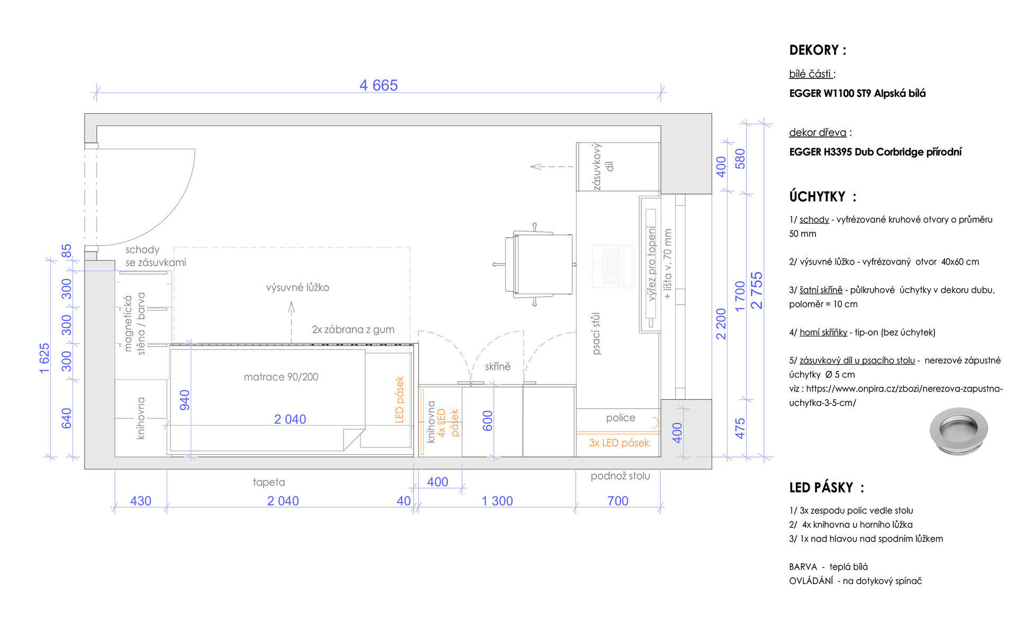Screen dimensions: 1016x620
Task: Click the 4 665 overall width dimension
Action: tap(378, 85)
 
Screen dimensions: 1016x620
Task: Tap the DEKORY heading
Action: tap(818, 50)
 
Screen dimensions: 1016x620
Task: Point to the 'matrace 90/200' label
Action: tap(281, 377)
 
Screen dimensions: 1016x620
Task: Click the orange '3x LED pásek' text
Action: tap(619, 443)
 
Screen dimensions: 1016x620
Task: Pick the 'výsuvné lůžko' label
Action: tap(297, 287)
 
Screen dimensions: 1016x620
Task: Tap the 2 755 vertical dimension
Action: tap(757, 290)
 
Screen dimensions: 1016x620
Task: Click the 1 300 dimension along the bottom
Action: tap(497, 501)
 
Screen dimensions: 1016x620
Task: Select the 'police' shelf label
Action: tap(620, 417)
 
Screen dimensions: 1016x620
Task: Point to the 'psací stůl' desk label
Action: tap(596, 333)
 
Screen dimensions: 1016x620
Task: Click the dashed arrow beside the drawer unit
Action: tap(552, 167)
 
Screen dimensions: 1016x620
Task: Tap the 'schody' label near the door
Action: tap(142, 250)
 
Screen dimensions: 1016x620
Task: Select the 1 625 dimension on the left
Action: tap(44, 358)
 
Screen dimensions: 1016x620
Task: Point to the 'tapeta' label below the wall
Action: tap(269, 482)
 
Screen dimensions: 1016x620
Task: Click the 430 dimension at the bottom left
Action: tap(141, 501)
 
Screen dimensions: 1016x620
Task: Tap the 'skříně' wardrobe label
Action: tap(498, 366)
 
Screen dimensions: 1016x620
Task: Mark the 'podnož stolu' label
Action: tap(620, 476)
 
